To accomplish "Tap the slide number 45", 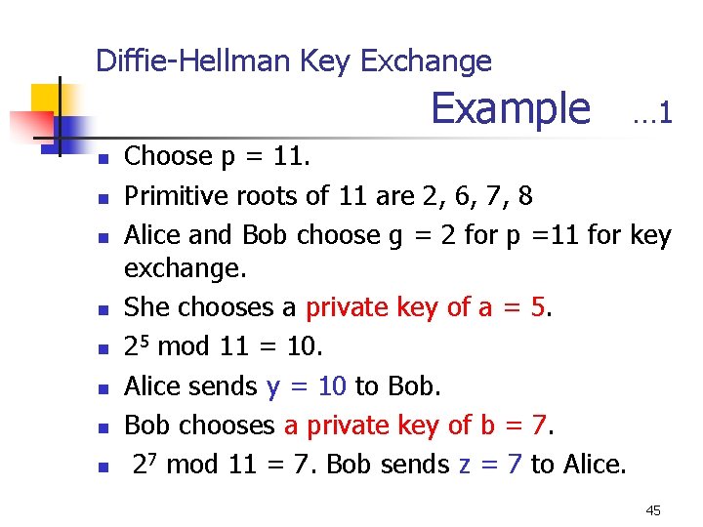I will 653,509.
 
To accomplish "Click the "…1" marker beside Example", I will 651,114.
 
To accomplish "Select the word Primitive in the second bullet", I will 177,196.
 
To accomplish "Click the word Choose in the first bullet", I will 169,156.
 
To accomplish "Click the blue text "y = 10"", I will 306,386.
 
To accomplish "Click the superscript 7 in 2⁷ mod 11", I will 156,460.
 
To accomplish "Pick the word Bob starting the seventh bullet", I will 145,426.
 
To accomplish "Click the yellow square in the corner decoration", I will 47,99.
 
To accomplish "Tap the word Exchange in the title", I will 426,61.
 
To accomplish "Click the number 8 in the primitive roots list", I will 525,196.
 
